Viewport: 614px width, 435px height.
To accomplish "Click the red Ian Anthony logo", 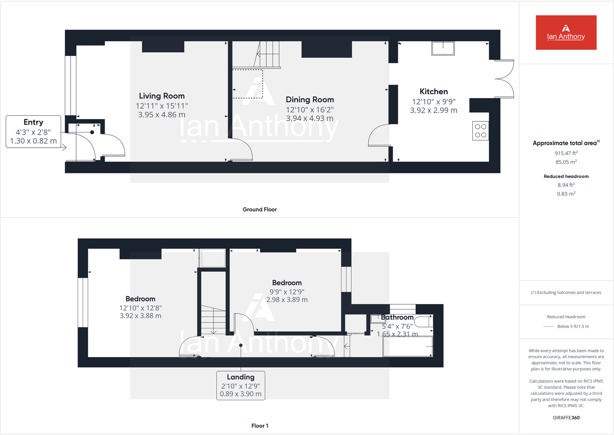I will tap(566, 32).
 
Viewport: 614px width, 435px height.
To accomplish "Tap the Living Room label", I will tap(162, 96).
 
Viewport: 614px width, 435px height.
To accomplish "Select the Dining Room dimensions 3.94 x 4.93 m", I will tap(309, 118).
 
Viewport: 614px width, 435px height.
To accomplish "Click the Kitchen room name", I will tap(434, 92).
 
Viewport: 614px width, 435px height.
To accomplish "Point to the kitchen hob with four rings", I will tap(480, 130).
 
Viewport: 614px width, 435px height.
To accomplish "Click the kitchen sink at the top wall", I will tap(443, 48).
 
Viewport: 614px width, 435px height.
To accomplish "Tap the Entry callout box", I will tap(34, 132).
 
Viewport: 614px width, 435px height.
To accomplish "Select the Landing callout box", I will tap(241, 385).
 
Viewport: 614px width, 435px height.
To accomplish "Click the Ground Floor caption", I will tap(260, 210).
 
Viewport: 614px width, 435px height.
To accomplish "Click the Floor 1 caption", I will tap(260, 426).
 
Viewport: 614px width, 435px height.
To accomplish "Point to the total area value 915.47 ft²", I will tap(566, 153).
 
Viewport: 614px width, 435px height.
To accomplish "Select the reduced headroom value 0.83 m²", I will tap(566, 194).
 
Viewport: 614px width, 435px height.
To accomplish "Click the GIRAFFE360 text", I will tap(566, 418).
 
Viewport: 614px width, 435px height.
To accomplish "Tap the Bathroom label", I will tap(397, 317).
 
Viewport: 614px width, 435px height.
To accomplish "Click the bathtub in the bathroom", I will tap(408, 347).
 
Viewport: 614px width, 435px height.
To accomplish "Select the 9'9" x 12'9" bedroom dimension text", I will tap(287, 292).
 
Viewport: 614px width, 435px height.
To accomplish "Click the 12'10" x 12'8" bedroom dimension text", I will tap(141, 308).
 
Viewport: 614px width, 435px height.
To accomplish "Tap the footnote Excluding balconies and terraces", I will tap(566, 293).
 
